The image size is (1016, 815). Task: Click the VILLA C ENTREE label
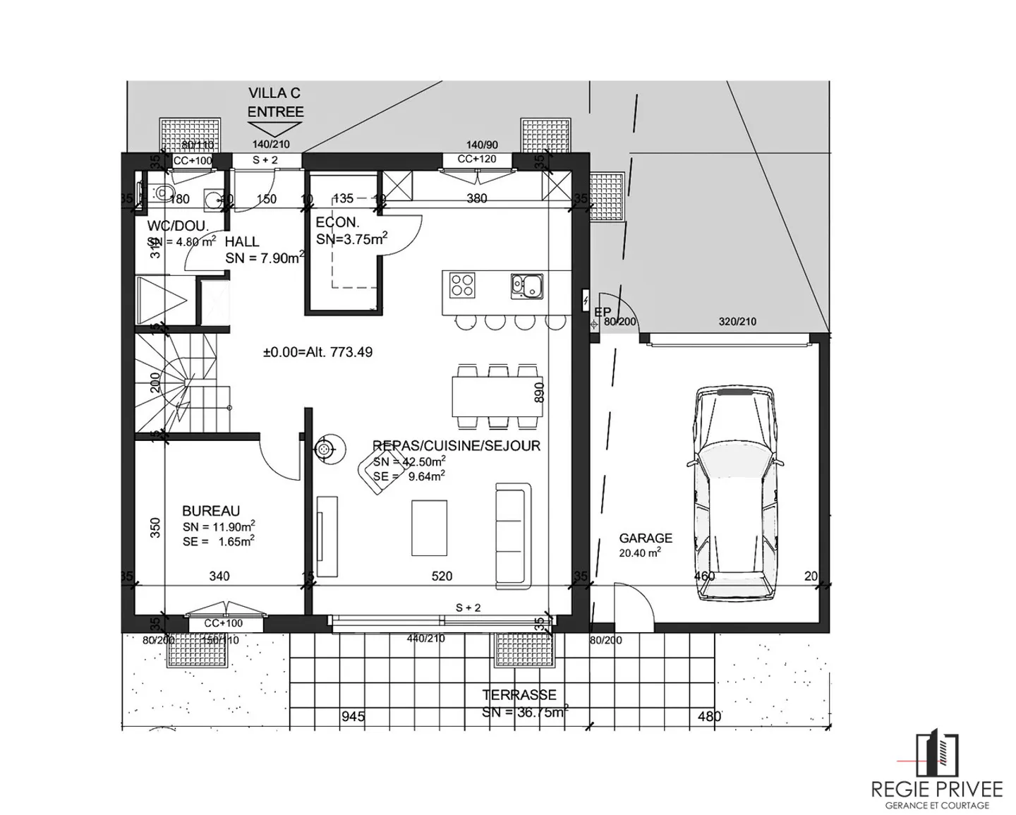click(x=275, y=102)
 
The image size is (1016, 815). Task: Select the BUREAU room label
click(x=211, y=511)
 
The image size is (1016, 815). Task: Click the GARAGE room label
click(x=646, y=538)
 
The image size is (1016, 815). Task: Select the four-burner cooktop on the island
click(x=463, y=285)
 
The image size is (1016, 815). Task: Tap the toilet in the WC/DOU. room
click(x=162, y=192)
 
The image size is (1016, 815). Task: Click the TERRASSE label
click(x=519, y=695)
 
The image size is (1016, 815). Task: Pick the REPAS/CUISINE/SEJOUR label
click(x=456, y=445)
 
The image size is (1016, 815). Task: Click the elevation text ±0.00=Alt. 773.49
click(x=317, y=351)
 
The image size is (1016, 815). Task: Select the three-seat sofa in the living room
click(x=512, y=536)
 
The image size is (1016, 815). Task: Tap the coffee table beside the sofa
click(x=429, y=528)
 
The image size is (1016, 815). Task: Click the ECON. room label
click(x=337, y=222)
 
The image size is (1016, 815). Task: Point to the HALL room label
click(x=242, y=241)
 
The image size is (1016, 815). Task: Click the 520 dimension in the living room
click(x=442, y=576)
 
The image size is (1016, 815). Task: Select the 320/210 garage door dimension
click(x=737, y=321)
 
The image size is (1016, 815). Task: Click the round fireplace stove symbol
click(x=325, y=448)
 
